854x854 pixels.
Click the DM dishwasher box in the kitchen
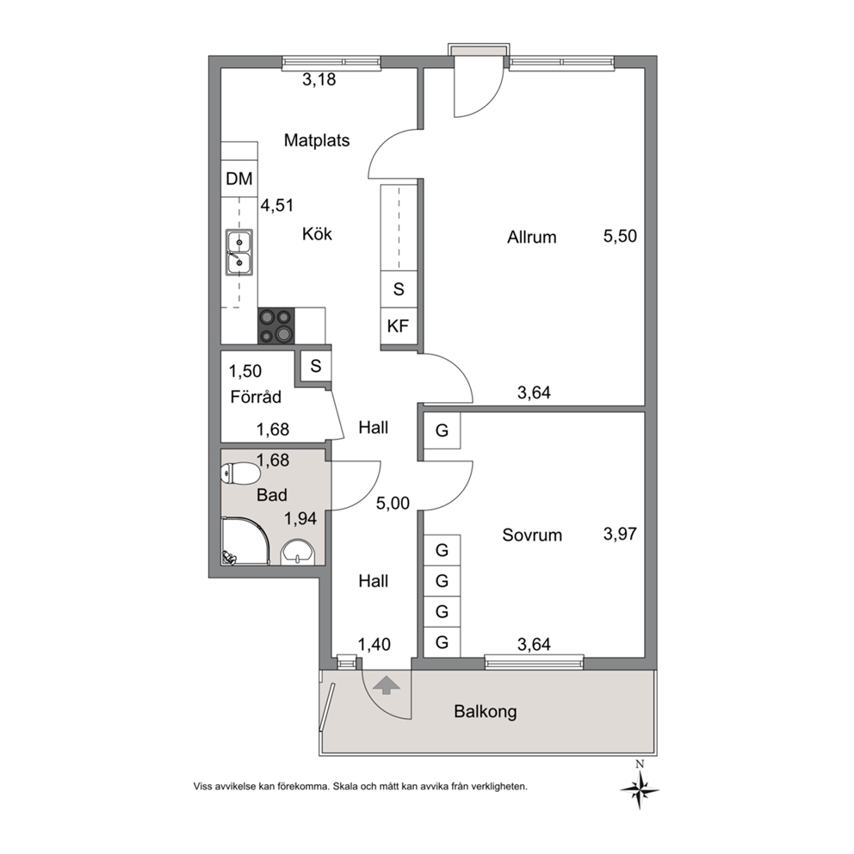(x=239, y=179)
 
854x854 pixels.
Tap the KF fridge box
(x=399, y=326)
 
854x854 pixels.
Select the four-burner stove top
(x=276, y=325)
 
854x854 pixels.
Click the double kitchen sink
(x=239, y=251)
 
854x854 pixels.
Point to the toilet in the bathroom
(x=239, y=473)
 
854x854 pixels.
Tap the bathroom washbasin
(x=297, y=552)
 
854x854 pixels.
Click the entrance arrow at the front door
(x=386, y=684)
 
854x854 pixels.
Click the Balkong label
(x=486, y=711)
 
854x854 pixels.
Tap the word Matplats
(x=317, y=140)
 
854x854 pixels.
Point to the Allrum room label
(x=531, y=238)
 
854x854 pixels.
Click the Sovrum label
(x=532, y=535)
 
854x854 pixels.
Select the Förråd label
(x=256, y=396)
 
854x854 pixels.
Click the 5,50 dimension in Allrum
(x=620, y=237)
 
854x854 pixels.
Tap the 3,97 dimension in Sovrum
(x=620, y=534)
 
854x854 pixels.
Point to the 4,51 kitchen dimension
(x=277, y=206)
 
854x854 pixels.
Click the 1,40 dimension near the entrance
(x=374, y=644)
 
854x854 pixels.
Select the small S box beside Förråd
(x=316, y=366)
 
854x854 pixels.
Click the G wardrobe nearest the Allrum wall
(x=442, y=430)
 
